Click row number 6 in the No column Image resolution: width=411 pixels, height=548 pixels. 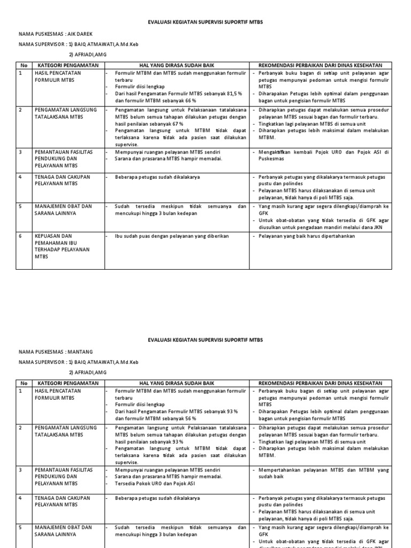(x=21, y=235)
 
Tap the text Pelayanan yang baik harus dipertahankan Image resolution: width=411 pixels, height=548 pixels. (x=307, y=235)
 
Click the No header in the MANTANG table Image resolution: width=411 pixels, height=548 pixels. (x=24, y=383)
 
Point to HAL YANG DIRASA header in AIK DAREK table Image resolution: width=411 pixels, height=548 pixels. (x=176, y=65)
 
